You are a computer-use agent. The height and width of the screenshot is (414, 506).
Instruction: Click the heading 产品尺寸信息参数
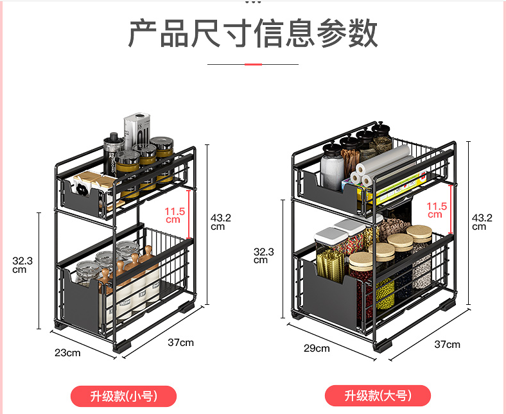pos(253,33)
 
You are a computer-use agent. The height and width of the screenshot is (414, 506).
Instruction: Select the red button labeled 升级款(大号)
pos(377,396)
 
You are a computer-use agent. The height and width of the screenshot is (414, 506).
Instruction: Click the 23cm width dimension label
pos(67,352)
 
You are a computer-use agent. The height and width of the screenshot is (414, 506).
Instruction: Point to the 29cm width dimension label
pos(317,348)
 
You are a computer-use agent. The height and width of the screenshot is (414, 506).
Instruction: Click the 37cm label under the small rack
pos(180,342)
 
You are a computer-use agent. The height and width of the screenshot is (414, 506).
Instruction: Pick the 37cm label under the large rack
pos(447,344)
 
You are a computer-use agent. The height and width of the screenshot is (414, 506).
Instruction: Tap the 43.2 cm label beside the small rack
pos(220,221)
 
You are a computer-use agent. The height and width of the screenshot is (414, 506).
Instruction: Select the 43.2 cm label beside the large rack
pos(482,221)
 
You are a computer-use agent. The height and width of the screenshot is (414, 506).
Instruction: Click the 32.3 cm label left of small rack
pos(22,264)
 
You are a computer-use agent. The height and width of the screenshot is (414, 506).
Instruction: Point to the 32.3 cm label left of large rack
pos(263,255)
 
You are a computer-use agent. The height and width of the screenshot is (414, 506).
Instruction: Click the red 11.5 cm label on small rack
pos(174,214)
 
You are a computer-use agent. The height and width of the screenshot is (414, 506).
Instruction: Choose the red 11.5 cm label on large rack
pos(436,210)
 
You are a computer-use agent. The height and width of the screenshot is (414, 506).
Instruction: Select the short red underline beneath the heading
pos(253,64)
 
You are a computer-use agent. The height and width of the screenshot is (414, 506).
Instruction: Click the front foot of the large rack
pos(383,343)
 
